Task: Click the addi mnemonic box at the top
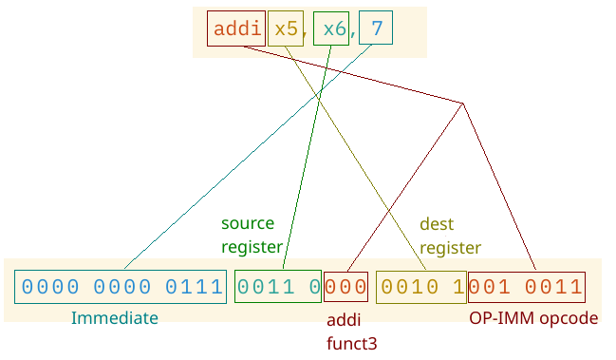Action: click(x=236, y=29)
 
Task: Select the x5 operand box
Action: click(x=286, y=29)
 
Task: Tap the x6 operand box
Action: click(x=333, y=29)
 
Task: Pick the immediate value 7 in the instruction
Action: click(x=377, y=29)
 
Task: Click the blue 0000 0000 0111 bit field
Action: click(x=120, y=287)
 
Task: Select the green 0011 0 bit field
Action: click(x=278, y=287)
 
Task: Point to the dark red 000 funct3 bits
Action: click(x=346, y=287)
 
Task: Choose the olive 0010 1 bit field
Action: click(x=420, y=287)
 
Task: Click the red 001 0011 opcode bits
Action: click(x=526, y=287)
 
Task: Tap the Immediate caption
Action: click(x=114, y=318)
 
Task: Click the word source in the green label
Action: click(x=248, y=224)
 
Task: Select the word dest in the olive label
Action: click(x=437, y=225)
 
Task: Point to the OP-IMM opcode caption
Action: click(x=533, y=318)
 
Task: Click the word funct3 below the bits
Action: click(x=352, y=342)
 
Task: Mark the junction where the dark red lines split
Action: click(x=463, y=103)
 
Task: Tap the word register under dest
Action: click(x=450, y=248)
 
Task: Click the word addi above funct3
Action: click(x=343, y=319)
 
